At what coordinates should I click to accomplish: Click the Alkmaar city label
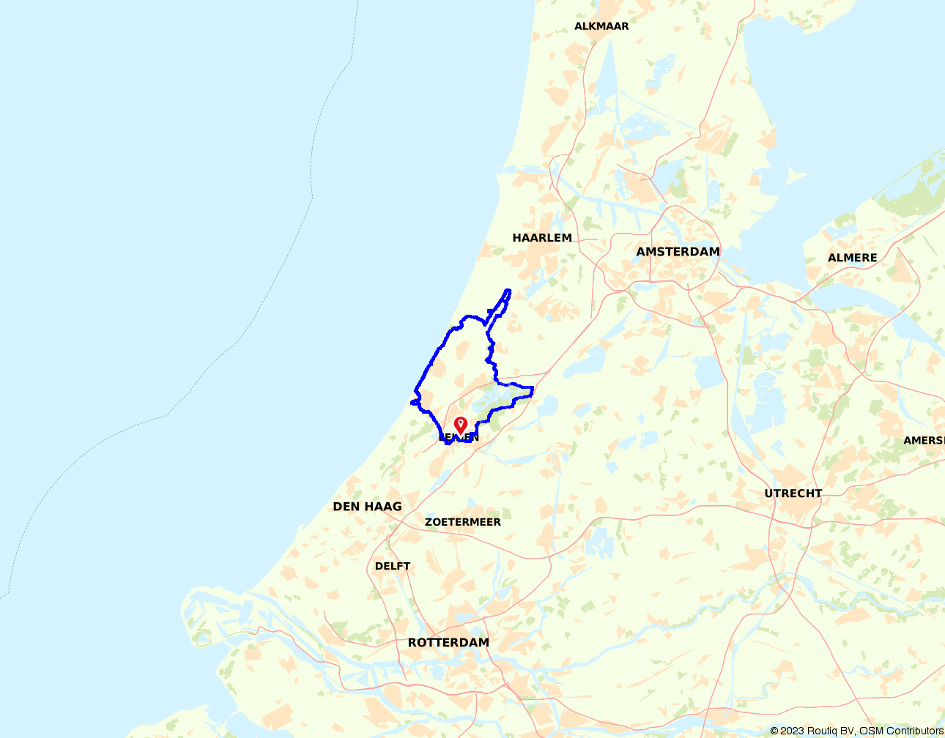(x=601, y=26)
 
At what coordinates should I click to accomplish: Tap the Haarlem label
(x=542, y=238)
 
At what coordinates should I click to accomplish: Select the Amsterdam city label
(x=678, y=252)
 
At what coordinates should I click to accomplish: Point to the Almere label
(x=852, y=258)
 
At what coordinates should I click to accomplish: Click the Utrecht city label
(x=793, y=493)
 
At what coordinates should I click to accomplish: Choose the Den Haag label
(x=367, y=507)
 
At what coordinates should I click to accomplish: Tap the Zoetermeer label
(x=463, y=522)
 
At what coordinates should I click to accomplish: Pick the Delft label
(x=393, y=566)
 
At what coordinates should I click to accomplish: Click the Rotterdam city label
(x=448, y=643)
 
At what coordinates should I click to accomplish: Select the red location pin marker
(x=461, y=425)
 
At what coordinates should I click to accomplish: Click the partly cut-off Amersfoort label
(x=924, y=441)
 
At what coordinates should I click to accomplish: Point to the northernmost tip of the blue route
(x=508, y=291)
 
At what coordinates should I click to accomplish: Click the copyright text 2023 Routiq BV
(x=812, y=731)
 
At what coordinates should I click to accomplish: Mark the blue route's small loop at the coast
(x=415, y=402)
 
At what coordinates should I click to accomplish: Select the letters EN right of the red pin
(x=472, y=438)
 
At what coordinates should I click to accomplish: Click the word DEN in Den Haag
(x=346, y=507)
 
